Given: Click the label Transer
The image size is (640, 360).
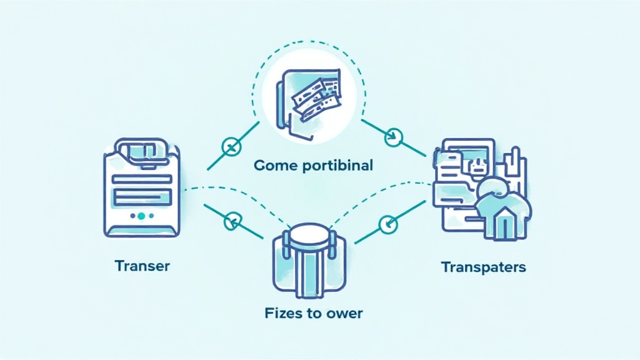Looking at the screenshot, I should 142,266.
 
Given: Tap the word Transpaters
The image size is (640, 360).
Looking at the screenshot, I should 483,267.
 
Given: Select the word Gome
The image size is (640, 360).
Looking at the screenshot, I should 273,166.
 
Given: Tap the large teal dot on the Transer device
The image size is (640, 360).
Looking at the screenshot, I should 141,216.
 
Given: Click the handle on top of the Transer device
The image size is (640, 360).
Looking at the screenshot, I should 142,151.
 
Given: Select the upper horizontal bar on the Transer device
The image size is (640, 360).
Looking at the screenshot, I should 141,179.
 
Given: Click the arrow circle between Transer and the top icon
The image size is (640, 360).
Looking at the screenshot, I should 231,147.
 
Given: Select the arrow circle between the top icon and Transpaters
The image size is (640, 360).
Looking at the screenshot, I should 394,134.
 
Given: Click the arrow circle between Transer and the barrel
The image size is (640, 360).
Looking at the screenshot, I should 234,221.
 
